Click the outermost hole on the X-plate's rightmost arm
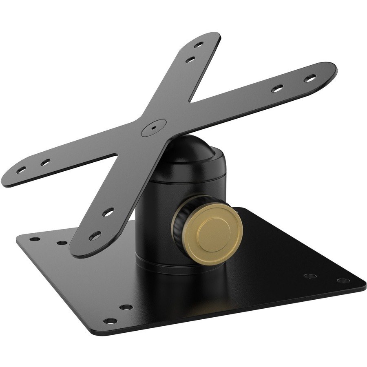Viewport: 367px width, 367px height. [310, 77]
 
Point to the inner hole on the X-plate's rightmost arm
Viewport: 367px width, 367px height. [278, 88]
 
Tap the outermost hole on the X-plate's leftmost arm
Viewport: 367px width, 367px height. [22, 169]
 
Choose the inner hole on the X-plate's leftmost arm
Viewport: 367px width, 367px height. [44, 162]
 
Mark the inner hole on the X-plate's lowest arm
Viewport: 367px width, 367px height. [108, 212]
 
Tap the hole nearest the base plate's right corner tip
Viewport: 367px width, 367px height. [343, 281]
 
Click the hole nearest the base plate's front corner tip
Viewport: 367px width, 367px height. [108, 320]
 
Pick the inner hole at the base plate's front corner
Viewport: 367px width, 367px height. [126, 307]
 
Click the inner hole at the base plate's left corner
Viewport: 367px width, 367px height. [62, 243]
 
